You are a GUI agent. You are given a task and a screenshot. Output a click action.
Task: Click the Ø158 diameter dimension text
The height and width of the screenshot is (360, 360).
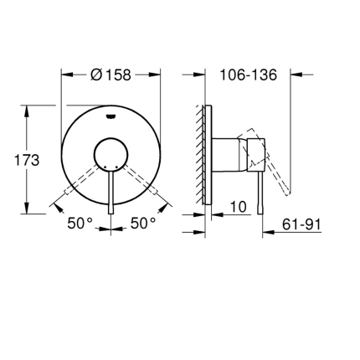point(111,74)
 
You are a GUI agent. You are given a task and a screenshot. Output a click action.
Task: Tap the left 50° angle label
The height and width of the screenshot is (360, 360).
point(80,224)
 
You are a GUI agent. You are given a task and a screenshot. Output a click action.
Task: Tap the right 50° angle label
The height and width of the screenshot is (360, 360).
point(143,224)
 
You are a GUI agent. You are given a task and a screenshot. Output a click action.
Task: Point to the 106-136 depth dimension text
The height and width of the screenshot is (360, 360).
point(248,74)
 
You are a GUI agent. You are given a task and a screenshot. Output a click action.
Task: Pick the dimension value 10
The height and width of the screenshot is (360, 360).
point(238,206)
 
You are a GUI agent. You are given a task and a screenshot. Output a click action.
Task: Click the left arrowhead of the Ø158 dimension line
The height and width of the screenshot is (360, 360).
point(65,74)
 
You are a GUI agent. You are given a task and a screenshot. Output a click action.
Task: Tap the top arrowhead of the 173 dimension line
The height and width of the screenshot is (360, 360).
point(26,108)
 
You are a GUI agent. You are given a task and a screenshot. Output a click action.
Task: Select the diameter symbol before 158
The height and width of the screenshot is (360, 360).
point(95,74)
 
